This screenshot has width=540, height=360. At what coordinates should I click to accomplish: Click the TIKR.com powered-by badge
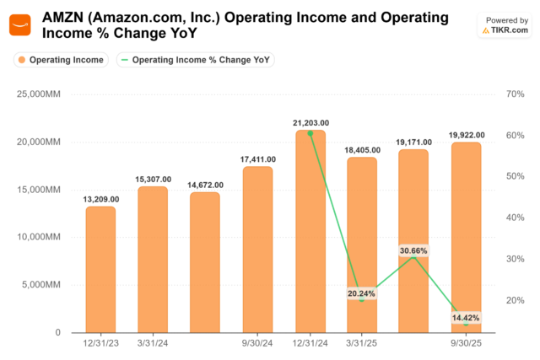[505, 24]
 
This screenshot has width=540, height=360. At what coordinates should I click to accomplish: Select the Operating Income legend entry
[60, 60]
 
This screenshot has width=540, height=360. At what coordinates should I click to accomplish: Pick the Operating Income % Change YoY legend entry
[196, 60]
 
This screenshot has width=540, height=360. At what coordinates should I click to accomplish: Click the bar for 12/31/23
[101, 269]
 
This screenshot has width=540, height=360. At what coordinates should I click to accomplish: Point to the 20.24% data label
[362, 293]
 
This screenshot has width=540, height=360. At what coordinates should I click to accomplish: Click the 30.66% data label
[414, 250]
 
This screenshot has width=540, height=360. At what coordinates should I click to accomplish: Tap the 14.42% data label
[467, 317]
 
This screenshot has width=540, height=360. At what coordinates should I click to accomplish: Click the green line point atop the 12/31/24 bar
[310, 133]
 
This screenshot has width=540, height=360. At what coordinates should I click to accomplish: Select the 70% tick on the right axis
[516, 94]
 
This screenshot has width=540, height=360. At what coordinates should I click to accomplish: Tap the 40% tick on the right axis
[516, 218]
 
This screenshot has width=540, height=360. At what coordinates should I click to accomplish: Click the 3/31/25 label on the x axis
[363, 343]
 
